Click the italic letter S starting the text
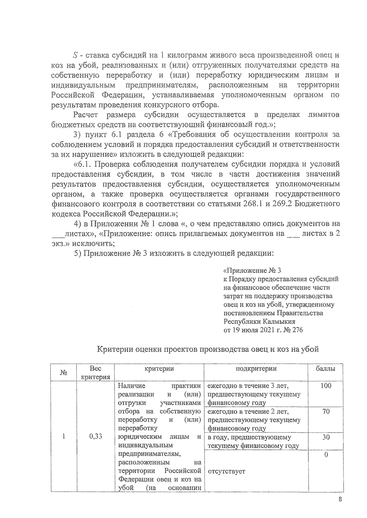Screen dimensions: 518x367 [75, 55]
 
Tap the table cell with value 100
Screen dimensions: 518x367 [326, 386]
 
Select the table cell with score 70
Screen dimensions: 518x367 [326, 411]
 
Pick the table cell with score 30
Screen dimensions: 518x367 [326, 437]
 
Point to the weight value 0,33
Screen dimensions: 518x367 [96, 436]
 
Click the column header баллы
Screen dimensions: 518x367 [325, 368]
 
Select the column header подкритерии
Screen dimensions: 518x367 [256, 368]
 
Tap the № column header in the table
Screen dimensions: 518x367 [64, 373]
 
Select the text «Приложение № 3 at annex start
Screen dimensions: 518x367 [252, 270]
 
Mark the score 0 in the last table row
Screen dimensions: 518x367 [326, 455]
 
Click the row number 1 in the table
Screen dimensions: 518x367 [64, 436]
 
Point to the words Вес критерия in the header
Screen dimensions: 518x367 [96, 373]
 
